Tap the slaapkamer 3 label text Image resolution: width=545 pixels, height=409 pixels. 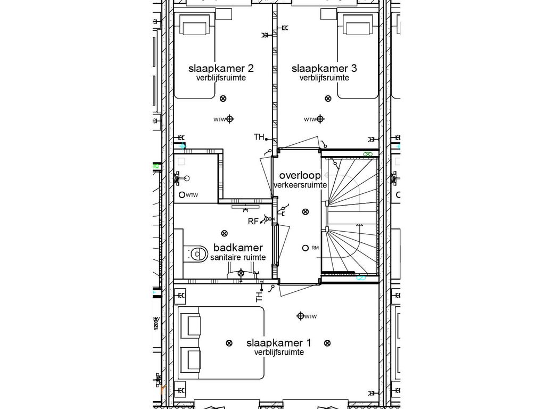324,69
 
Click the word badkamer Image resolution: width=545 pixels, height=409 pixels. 238,248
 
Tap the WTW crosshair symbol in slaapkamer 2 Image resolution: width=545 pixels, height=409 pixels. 230,119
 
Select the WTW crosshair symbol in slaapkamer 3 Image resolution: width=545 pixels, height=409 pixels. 320,119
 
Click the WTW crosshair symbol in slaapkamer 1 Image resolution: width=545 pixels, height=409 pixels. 301,316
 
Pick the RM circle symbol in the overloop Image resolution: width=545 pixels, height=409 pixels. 305,248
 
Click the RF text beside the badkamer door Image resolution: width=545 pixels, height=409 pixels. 253,222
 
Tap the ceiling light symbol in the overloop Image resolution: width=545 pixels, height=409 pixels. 305,211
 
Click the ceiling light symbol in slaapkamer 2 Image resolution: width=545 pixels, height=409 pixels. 223,99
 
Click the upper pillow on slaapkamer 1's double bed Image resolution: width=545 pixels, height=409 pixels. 190,324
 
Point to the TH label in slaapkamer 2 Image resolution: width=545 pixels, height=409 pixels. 259,137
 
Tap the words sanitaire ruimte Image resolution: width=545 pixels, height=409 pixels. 238,257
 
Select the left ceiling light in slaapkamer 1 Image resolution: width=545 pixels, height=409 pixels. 229,342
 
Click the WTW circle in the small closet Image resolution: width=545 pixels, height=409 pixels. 182,195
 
